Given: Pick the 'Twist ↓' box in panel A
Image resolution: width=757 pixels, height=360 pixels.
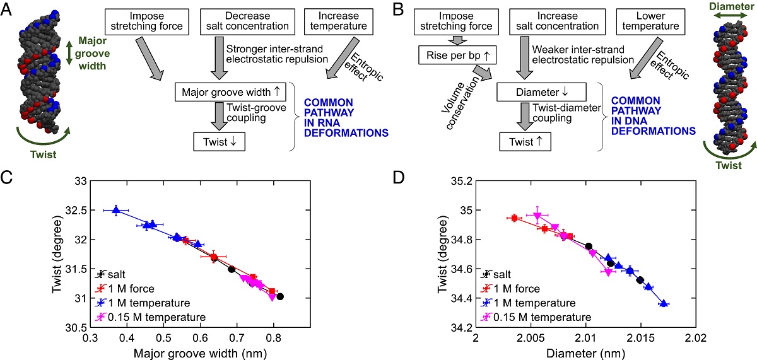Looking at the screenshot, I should click(219, 141).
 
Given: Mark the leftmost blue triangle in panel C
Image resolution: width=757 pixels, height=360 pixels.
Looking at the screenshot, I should click(116, 211).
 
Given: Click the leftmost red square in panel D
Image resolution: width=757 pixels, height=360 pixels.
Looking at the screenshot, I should click(514, 218).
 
